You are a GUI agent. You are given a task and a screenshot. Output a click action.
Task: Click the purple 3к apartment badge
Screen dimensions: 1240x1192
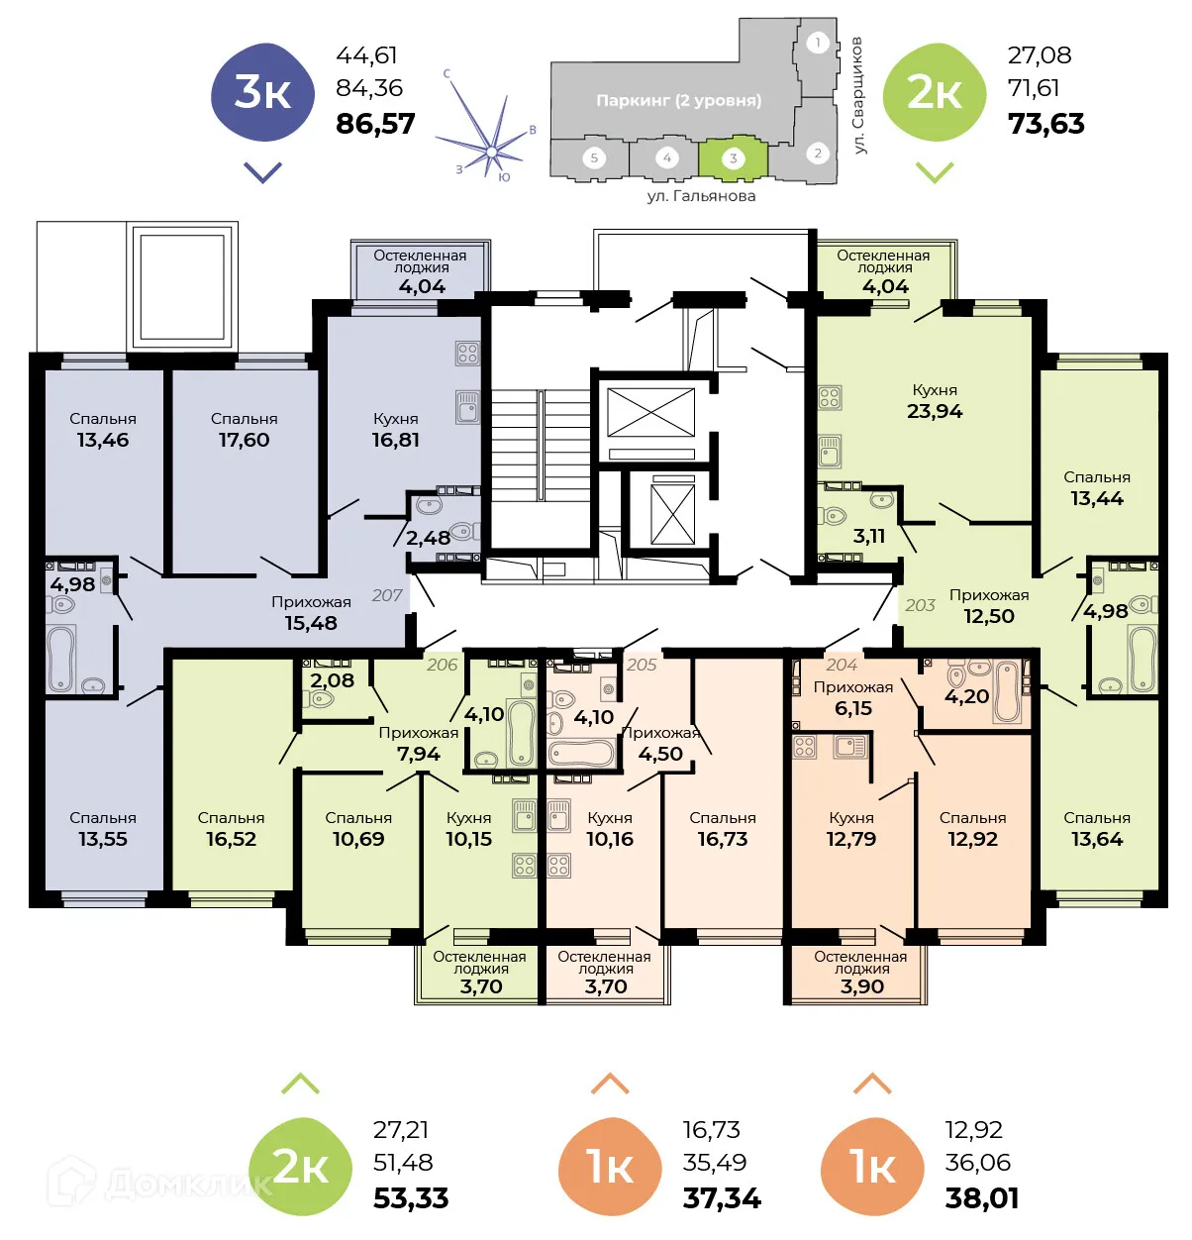tap(262, 93)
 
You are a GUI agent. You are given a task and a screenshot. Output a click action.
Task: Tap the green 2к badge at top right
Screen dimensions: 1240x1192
tap(934, 93)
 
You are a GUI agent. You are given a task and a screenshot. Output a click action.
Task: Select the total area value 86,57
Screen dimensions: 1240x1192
tap(375, 124)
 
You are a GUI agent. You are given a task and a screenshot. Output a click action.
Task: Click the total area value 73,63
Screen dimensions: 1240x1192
tap(1045, 124)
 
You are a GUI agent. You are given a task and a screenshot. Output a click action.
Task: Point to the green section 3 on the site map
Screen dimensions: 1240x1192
tap(733, 158)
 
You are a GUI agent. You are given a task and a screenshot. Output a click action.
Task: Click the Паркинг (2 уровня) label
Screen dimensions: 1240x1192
tap(678, 100)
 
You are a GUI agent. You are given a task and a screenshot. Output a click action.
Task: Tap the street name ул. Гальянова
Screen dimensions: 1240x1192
tap(701, 196)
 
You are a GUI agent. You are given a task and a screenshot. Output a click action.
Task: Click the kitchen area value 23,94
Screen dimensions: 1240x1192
tap(934, 411)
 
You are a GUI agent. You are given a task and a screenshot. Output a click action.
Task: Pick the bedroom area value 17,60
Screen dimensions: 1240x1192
tap(244, 440)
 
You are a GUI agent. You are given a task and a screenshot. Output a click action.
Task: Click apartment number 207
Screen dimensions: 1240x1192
tap(387, 595)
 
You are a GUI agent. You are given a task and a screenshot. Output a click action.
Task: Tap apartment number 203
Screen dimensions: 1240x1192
tap(920, 605)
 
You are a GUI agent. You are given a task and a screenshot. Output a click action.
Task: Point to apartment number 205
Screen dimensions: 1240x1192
tap(642, 665)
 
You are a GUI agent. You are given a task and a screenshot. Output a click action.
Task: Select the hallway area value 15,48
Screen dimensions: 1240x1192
tap(311, 623)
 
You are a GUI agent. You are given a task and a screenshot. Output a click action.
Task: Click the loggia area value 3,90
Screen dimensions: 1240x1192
tap(861, 986)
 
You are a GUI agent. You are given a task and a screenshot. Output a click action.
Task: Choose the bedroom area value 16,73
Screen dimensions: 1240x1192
tap(722, 839)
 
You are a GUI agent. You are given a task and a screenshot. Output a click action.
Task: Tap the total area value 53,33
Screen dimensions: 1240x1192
tap(411, 1198)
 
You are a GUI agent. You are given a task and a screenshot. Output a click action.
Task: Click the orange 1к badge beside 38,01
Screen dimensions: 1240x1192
tap(871, 1167)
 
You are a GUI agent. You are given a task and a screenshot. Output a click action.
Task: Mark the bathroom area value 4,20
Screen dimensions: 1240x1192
tap(966, 696)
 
